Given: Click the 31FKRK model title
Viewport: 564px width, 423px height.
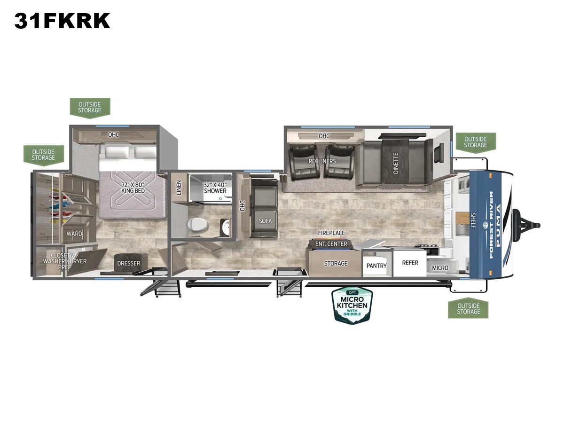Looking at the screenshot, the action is coord(62,21).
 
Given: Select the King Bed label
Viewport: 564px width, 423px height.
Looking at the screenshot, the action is coord(133,188).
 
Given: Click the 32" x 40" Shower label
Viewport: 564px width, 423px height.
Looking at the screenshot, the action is coord(215,188).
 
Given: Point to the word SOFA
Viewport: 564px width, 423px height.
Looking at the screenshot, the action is coord(265,221).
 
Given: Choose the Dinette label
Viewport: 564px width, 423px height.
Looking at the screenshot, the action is coord(396,163).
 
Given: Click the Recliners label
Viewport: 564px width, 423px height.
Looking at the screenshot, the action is coord(322,161).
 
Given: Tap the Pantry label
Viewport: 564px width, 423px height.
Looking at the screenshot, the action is coord(376,266).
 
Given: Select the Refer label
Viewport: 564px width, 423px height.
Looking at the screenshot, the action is coord(410,263).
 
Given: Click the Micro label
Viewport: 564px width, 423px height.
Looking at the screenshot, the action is coord(440,268).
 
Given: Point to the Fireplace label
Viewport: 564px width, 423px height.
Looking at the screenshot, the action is coord(331,233).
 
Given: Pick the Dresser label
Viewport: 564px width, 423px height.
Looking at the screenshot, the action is coord(129,263).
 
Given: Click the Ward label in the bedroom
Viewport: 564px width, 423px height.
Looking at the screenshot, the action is coord(74,234).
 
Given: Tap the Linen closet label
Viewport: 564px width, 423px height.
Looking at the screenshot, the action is coord(179,188).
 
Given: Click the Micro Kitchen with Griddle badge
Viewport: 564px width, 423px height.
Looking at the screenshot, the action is coord(352,305).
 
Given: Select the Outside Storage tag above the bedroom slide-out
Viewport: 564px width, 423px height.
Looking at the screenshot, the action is coord(90,108).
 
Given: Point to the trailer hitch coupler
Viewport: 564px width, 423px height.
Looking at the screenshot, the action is coord(527,226).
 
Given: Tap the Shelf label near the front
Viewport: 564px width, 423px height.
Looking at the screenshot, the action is coord(473,220).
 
